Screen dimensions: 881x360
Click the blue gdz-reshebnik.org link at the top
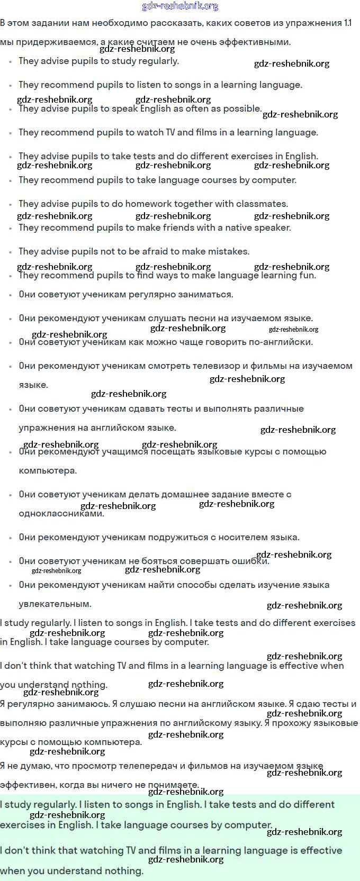click(x=180, y=6)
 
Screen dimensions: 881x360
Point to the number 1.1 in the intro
click(x=347, y=23)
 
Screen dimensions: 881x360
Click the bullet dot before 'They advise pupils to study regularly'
click(x=10, y=62)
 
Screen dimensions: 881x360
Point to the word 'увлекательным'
click(x=55, y=604)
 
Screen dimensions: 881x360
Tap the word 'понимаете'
click(x=173, y=785)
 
